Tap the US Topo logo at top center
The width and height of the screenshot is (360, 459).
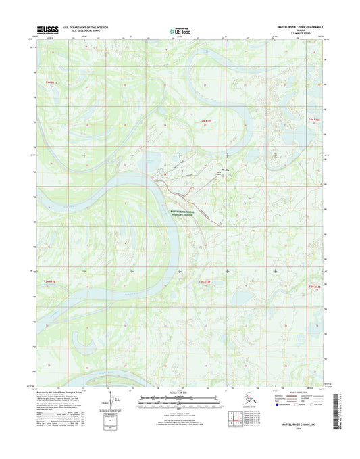tap(179, 30)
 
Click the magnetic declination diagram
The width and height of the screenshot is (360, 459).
tap(110, 403)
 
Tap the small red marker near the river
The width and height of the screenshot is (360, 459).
tap(161, 177)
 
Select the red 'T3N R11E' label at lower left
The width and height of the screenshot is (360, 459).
tap(50, 280)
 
